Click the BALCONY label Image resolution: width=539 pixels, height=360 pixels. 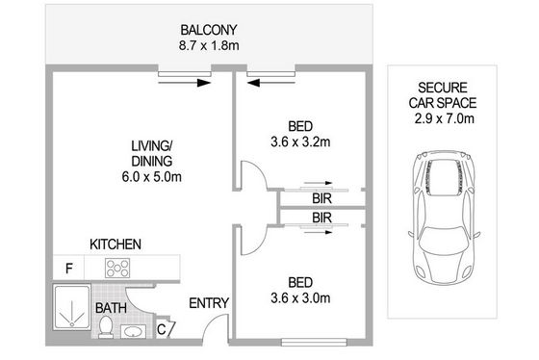(209, 30)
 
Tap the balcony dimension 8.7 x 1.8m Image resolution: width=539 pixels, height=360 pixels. (209, 45)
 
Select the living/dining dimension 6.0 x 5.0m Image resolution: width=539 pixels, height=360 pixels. (152, 177)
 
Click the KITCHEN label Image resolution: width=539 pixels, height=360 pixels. (115, 244)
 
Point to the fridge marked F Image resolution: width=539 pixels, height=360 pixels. (68, 269)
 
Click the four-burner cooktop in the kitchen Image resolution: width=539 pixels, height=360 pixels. (117, 269)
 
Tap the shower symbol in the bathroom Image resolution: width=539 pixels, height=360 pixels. (72, 307)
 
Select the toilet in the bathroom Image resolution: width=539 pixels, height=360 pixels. (106, 327)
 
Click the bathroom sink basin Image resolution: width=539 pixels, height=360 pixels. (133, 332)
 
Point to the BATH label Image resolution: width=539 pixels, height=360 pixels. (111, 308)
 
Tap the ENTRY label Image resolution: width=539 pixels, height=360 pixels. (209, 303)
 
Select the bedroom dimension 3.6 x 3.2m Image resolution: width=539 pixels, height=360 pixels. (300, 141)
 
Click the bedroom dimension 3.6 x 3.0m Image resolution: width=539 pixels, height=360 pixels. (300, 297)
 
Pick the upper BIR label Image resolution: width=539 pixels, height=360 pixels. (322, 198)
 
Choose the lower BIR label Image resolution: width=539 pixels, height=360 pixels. (322, 218)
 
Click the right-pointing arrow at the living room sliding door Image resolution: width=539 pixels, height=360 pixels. (184, 83)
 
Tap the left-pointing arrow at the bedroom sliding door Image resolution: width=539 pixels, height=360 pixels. (270, 83)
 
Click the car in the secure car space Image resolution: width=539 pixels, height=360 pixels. (444, 218)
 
